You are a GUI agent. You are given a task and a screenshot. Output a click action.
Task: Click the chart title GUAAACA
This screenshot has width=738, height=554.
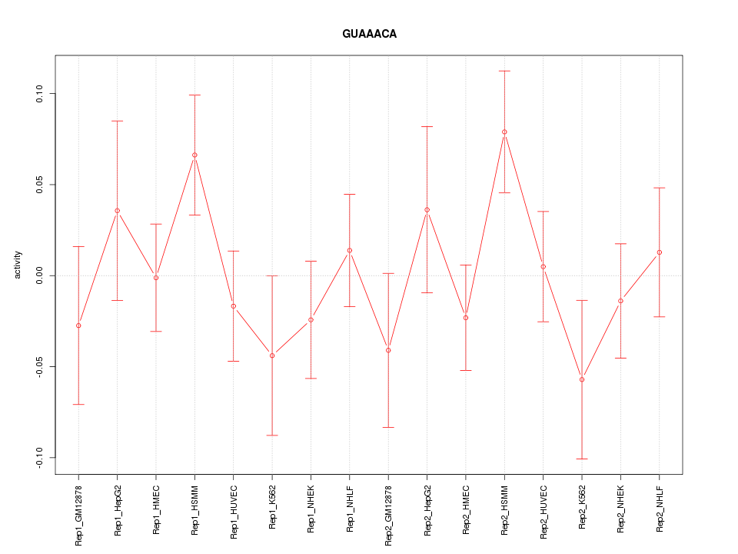(369, 35)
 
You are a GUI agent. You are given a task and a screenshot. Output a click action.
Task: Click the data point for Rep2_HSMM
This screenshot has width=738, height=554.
(504, 132)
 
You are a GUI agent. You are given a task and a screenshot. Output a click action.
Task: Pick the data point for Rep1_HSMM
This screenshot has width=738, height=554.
(194, 155)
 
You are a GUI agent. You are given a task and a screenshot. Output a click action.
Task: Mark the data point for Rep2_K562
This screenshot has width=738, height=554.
(582, 379)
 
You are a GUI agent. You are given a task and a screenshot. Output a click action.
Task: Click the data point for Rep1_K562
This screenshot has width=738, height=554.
(272, 355)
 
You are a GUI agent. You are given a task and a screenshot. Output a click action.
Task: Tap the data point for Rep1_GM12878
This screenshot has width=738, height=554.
(78, 325)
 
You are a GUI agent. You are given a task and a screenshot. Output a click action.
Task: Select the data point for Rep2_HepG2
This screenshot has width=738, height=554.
(427, 209)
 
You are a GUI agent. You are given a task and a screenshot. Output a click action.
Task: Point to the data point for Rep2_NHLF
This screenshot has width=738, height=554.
(660, 252)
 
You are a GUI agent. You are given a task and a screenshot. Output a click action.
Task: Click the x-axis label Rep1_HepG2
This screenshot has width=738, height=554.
(118, 511)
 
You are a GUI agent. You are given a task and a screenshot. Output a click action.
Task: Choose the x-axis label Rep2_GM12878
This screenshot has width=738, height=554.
(388, 515)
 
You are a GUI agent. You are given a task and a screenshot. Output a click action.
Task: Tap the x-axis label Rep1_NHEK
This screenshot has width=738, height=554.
(311, 511)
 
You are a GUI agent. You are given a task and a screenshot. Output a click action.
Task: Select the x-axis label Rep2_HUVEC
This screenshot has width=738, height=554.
(544, 512)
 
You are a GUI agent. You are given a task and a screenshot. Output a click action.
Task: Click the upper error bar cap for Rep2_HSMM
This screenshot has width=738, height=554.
(504, 71)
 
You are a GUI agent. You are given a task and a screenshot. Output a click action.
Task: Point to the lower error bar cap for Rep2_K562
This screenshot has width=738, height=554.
(582, 459)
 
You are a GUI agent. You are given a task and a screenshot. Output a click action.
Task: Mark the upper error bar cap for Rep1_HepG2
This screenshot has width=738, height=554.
(117, 121)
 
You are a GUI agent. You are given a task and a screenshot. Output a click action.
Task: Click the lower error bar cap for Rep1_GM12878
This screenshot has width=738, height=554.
(78, 404)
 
